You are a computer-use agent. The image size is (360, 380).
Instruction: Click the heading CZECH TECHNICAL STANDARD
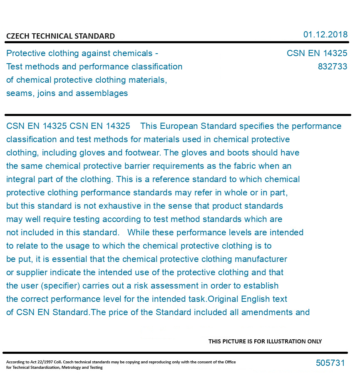click(x=60, y=36)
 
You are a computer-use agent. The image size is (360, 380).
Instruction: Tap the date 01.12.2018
click(x=325, y=35)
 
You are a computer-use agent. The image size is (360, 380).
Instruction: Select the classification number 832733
click(x=332, y=67)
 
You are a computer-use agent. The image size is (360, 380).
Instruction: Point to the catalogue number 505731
click(x=330, y=363)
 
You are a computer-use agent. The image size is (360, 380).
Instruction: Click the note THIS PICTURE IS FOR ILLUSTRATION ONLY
click(x=265, y=341)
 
